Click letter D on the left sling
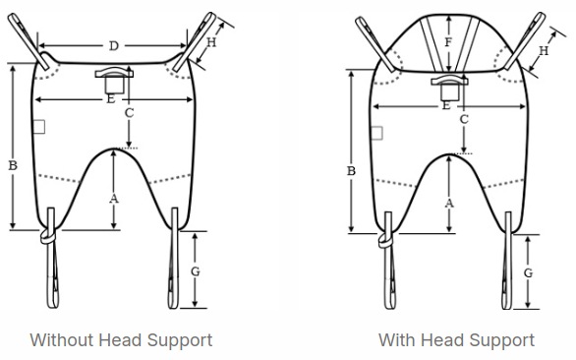coord(114,46)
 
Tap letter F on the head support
coord(448,42)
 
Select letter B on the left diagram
coord(13,165)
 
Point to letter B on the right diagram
coord(351,171)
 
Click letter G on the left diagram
coord(195,271)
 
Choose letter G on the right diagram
coord(528,272)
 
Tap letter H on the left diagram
coord(211,42)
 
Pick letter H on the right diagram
coord(544,50)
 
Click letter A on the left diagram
coord(114,199)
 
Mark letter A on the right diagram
coord(449,203)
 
